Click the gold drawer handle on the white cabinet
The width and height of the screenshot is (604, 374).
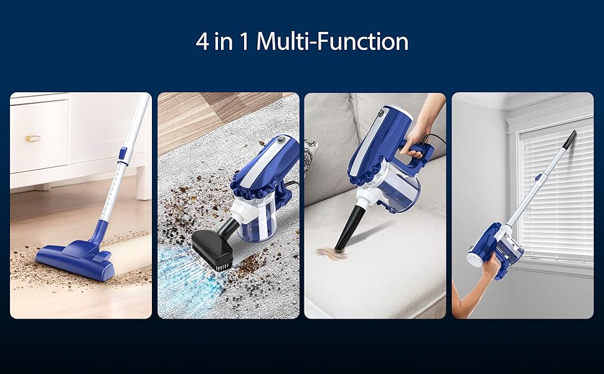coord(33,138)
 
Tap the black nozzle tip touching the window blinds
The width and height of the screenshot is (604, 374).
coord(570,139)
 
